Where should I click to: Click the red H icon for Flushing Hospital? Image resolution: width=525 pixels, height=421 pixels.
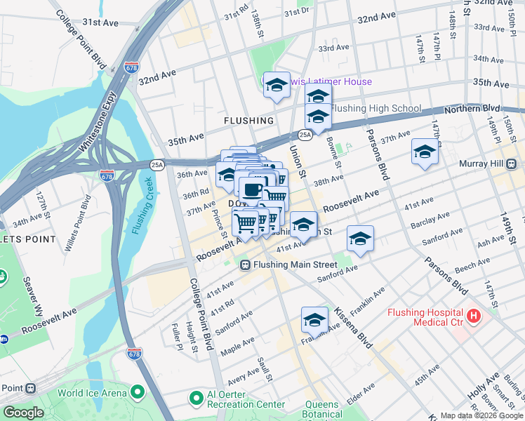(474, 316)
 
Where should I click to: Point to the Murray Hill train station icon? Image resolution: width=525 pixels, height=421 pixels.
(512, 163)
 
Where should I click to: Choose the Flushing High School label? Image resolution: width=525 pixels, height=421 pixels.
(376, 109)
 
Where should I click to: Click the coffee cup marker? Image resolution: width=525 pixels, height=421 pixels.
(252, 188)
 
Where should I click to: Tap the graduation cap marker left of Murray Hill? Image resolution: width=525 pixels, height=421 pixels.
(425, 152)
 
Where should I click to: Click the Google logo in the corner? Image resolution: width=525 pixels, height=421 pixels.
(23, 413)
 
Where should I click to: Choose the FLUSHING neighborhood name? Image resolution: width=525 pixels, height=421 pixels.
(248, 121)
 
